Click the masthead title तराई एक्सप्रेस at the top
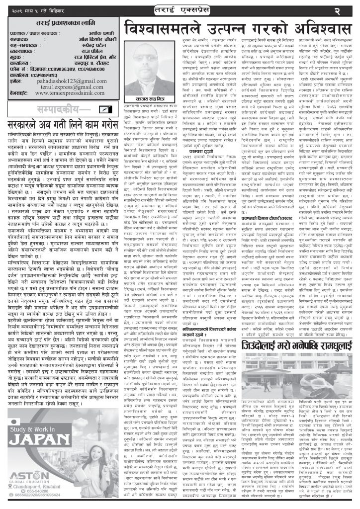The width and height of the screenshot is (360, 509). (180, 9)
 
